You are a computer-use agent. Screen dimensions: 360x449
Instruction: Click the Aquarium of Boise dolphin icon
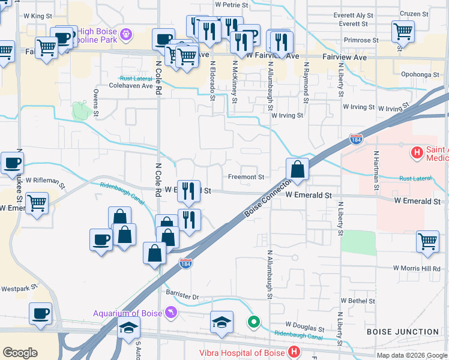[x=172, y=313]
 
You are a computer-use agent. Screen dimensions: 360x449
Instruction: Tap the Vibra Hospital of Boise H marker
[x=294, y=352]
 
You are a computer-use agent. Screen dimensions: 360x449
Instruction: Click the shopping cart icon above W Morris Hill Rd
[x=427, y=241]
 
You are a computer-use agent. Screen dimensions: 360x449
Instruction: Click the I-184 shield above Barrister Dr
[x=186, y=264]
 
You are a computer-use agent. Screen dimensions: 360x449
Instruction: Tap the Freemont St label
[x=246, y=177]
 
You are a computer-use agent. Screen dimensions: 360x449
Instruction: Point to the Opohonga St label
[x=416, y=74]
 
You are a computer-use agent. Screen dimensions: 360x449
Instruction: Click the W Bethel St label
[x=357, y=300]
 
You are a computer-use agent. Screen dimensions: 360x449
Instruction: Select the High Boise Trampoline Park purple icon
[x=126, y=34]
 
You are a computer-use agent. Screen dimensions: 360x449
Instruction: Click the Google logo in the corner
[x=20, y=352]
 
